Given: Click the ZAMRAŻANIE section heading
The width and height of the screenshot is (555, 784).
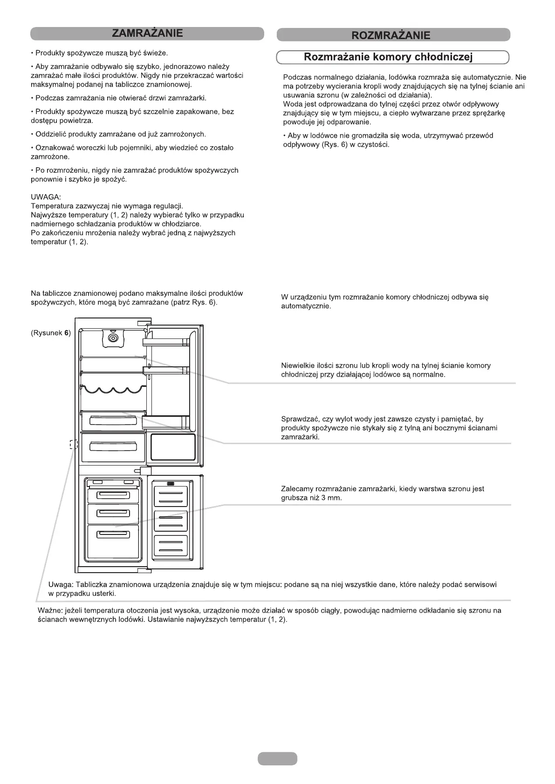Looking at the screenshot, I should (x=147, y=34).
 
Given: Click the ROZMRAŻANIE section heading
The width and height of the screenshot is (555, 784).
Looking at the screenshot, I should (x=391, y=35).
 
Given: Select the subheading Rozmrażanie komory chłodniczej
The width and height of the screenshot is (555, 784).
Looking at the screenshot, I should (x=388, y=57).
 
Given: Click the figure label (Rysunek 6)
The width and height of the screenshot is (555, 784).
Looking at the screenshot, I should (x=51, y=333).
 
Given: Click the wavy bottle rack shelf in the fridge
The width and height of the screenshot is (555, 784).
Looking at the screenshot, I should (x=113, y=390).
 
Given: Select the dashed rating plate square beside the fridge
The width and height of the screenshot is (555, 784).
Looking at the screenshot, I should (x=73, y=445).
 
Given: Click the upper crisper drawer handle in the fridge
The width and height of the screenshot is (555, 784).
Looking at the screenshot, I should (x=113, y=421).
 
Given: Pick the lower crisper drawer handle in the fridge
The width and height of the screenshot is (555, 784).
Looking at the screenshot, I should (x=113, y=446).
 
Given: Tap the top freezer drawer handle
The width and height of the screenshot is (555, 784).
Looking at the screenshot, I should (x=113, y=495).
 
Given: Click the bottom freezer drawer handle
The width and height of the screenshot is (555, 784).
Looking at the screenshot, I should (x=113, y=534).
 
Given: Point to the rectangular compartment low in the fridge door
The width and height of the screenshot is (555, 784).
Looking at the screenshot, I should (x=173, y=446).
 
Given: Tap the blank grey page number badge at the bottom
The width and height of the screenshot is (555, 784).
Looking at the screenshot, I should (x=277, y=758).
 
